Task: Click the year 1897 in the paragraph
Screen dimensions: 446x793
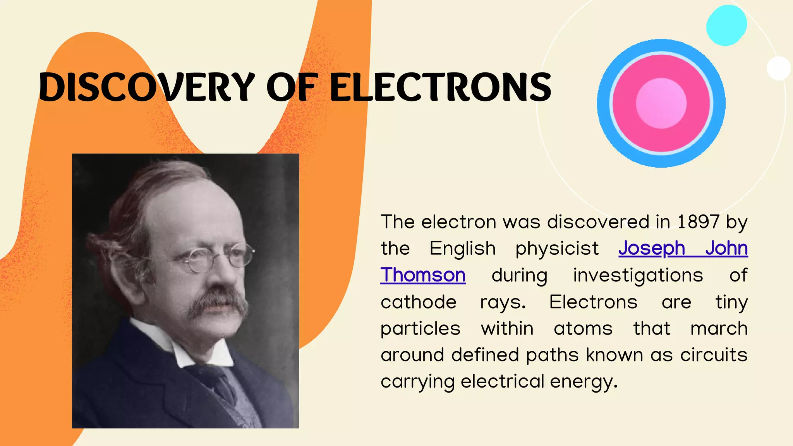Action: point(698,222)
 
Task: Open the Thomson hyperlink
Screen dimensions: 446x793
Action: point(423,275)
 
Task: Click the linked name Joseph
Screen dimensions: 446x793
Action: point(652,249)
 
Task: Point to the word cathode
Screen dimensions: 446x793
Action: point(419,302)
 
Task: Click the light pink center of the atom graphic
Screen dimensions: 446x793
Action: point(661,103)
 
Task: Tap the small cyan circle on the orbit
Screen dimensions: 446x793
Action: point(726,26)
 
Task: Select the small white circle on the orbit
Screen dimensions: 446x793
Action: point(778,68)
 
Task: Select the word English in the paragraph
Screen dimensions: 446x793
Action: point(462,249)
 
